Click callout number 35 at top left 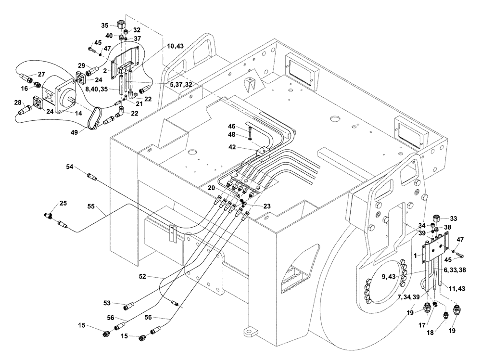[105, 26]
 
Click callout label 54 [71, 166]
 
